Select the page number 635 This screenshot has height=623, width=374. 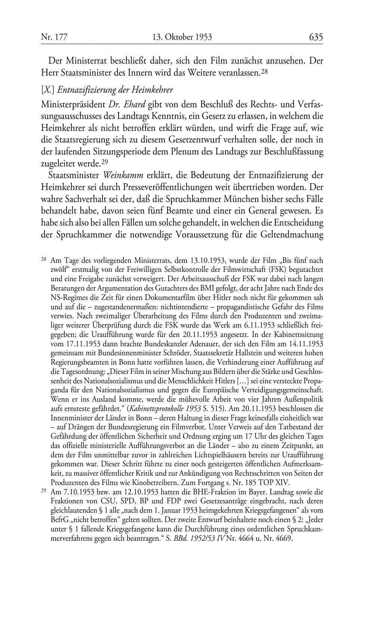tap(316, 37)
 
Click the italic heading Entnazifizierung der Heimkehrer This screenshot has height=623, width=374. tap(115, 90)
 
